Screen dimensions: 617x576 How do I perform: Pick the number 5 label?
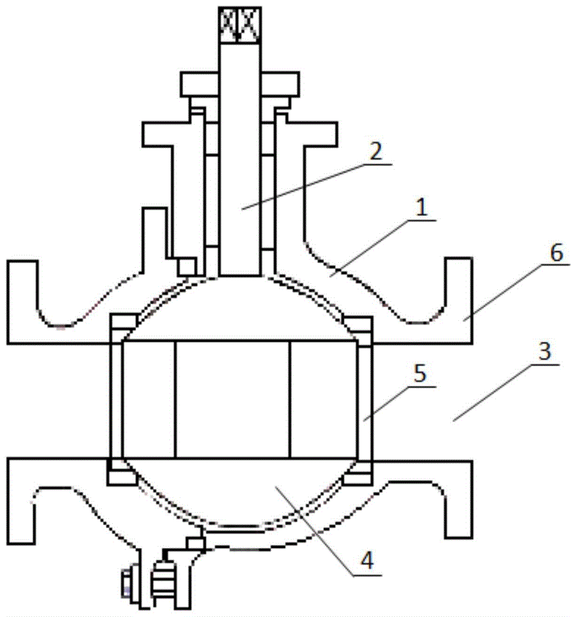(x=420, y=376)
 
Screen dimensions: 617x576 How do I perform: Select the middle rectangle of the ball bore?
(x=232, y=400)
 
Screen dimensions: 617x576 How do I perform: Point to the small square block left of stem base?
(x=187, y=267)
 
